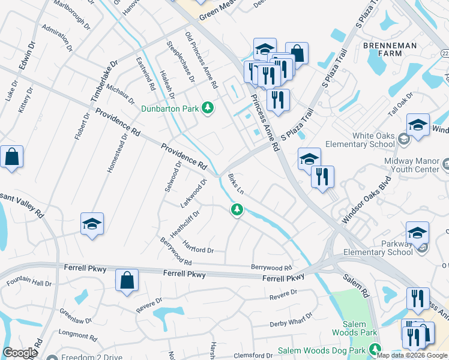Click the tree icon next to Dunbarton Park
pos(208,108)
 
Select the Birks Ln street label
pos(236,184)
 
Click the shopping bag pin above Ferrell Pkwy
pos(127,280)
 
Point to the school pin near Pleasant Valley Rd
pos(92,224)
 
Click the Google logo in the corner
pos(20,353)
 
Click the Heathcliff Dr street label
pos(186,223)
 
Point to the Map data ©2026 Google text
pos(412,355)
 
